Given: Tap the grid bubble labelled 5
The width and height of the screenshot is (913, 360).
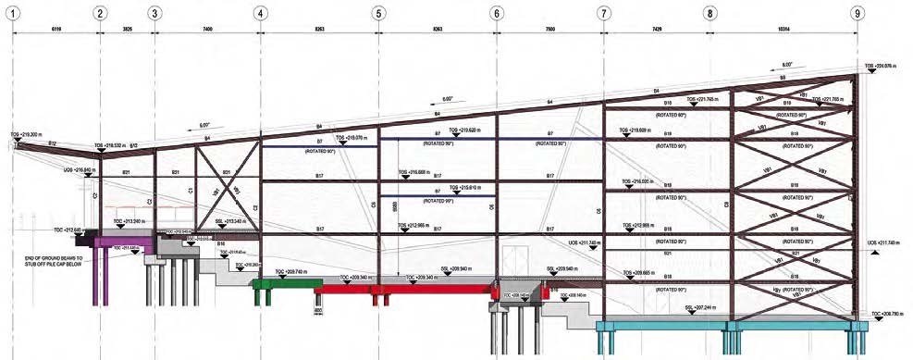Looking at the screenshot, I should (x=378, y=13).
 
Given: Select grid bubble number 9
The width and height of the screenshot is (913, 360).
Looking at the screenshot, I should (x=858, y=13).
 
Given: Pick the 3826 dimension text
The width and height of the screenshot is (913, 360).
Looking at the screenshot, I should (x=127, y=30).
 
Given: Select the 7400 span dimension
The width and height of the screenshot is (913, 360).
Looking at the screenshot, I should (x=206, y=30).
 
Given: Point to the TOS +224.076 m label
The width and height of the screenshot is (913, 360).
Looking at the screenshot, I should (x=882, y=66).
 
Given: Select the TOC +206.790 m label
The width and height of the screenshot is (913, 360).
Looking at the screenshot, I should (x=884, y=315).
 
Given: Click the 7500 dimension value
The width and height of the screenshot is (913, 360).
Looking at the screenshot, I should (x=549, y=30).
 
